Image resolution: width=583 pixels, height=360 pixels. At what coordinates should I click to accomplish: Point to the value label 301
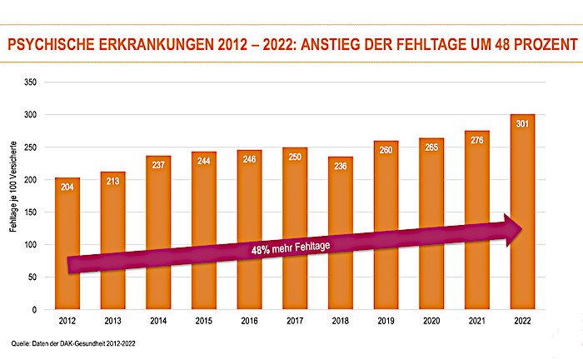(522, 123)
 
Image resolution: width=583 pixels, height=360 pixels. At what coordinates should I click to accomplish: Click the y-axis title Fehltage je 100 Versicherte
(14, 196)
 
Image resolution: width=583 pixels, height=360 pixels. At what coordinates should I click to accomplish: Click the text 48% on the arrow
(261, 250)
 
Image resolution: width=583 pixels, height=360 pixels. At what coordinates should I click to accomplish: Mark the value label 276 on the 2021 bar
(477, 140)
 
